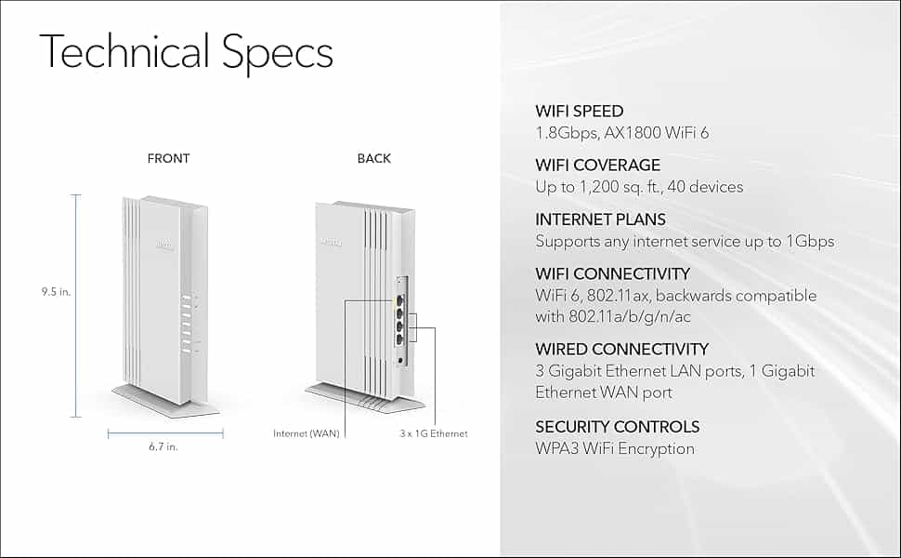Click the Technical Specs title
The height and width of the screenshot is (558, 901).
click(186, 52)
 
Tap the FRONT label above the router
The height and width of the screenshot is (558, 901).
click(168, 158)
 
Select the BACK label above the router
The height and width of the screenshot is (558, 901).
click(374, 158)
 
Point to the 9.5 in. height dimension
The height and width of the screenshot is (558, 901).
click(56, 292)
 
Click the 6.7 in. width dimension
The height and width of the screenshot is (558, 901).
click(163, 446)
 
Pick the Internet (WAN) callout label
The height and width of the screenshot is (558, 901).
click(307, 433)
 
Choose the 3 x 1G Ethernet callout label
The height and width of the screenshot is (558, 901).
click(434, 433)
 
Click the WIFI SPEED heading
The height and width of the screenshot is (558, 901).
click(580, 111)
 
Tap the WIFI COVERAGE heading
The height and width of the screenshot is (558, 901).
click(597, 166)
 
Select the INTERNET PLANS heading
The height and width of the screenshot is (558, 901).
click(600, 219)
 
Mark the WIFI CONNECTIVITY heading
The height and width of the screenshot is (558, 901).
click(612, 273)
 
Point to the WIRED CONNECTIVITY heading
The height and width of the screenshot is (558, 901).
click(621, 349)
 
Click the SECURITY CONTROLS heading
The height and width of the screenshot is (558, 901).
click(617, 427)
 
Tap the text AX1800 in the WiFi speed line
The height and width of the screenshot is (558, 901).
click(632, 133)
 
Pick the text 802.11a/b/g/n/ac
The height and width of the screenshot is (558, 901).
click(630, 317)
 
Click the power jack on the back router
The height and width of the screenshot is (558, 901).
click(400, 361)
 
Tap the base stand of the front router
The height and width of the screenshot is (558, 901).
click(165, 401)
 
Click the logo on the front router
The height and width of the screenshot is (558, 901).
click(165, 246)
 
